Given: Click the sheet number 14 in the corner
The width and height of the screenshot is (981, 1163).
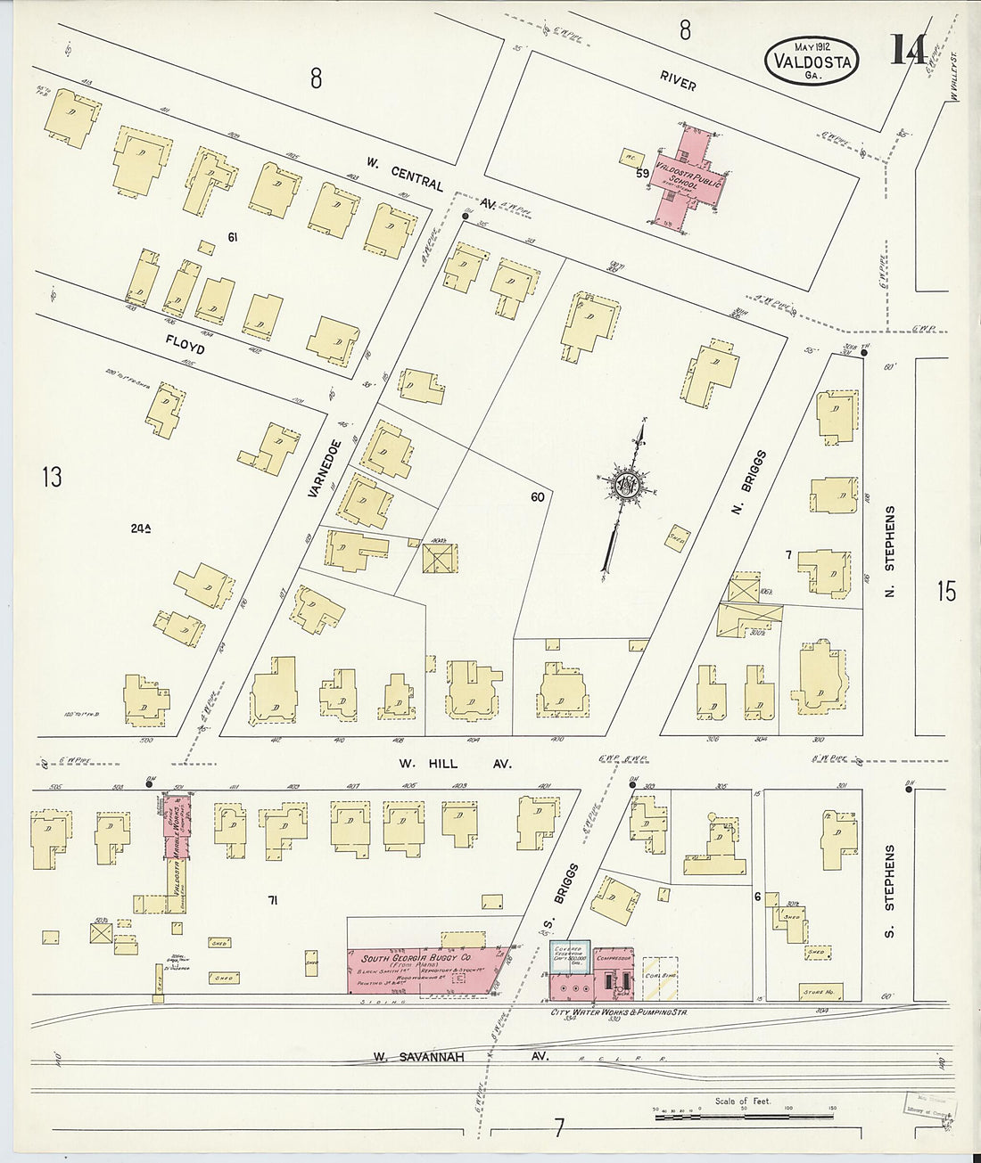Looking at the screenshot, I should tap(907, 52).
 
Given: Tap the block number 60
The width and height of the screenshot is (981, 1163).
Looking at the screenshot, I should tap(536, 497).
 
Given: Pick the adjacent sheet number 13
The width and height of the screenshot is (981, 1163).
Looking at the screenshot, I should tap(51, 478).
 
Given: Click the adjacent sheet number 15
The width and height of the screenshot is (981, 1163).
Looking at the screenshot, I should tap(946, 591).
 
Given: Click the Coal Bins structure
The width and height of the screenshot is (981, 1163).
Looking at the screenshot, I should tap(658, 975).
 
